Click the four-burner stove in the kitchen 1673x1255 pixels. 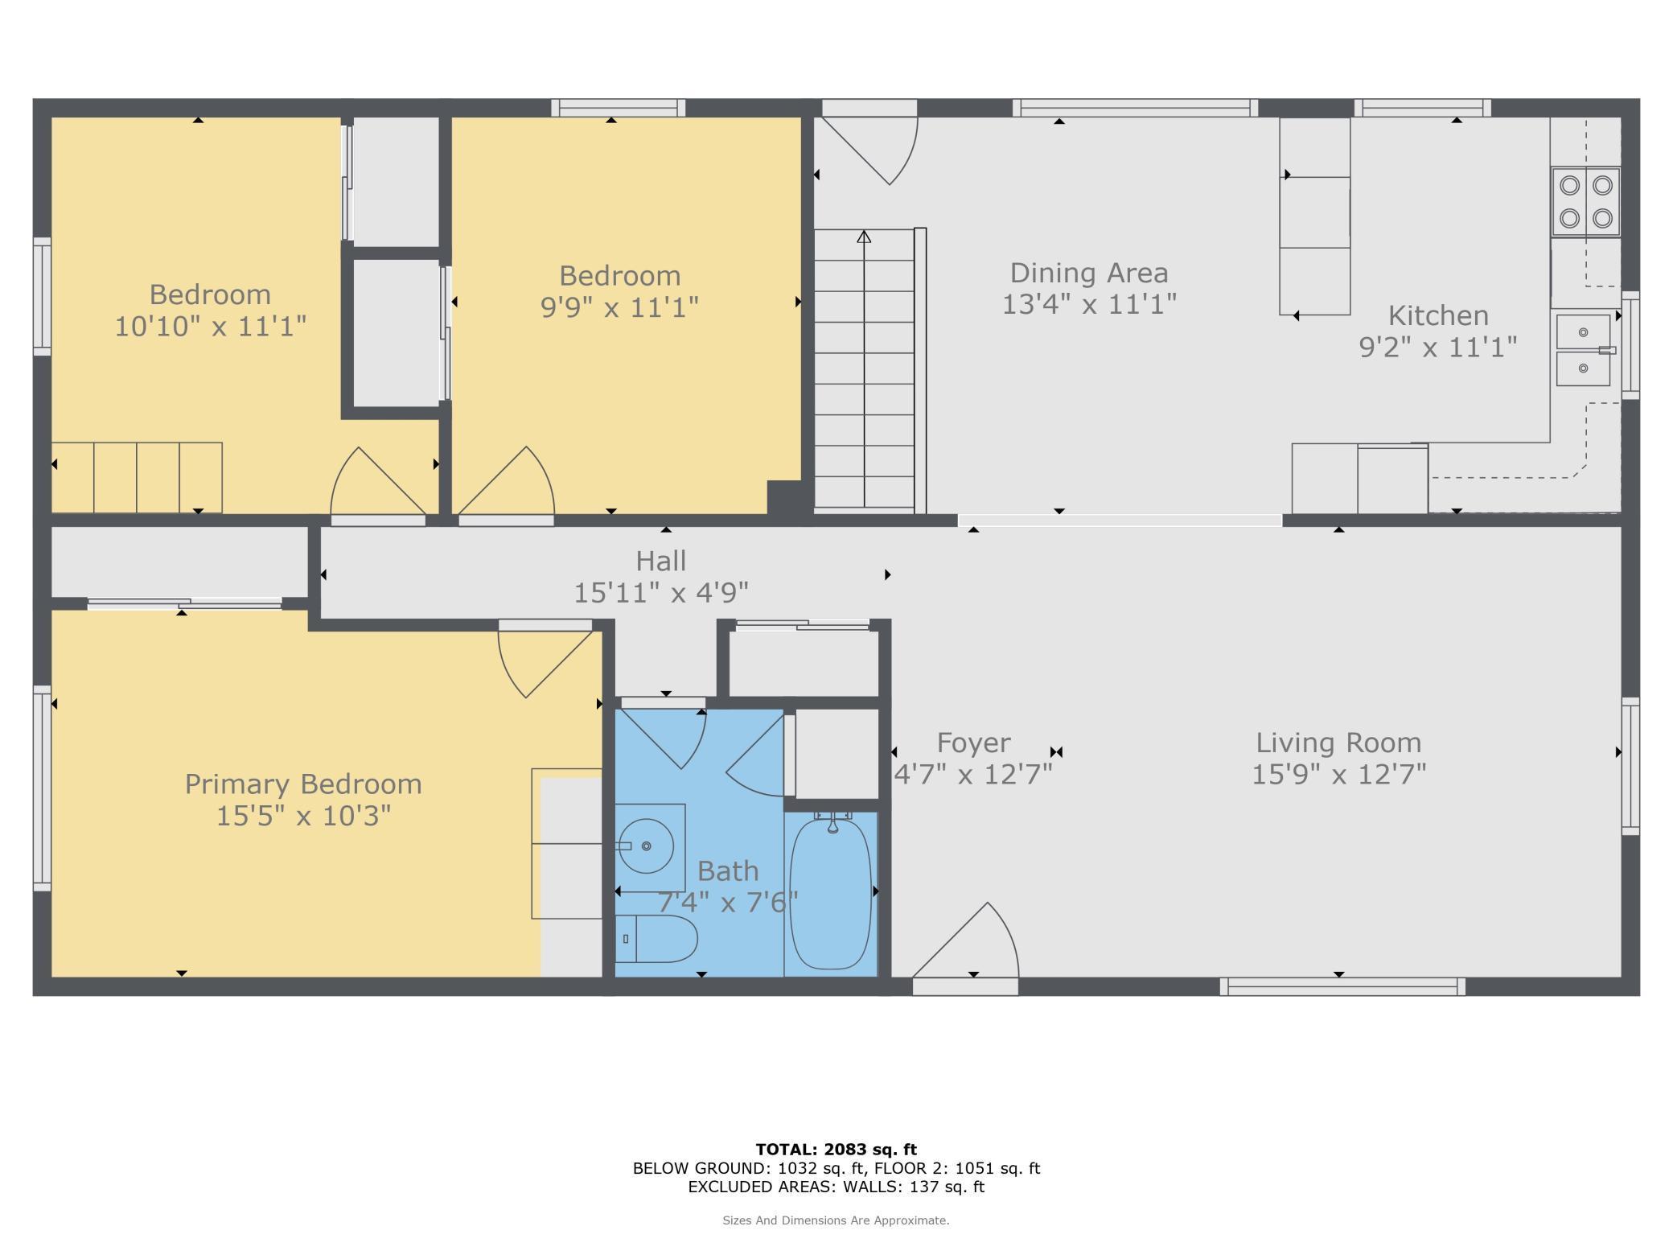1585,202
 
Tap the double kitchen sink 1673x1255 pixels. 1583,350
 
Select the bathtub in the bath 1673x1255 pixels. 830,893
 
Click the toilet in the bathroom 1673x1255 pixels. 656,939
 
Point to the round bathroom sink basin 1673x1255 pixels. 646,846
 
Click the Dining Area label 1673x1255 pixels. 1089,274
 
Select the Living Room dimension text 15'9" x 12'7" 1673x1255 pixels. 1338,775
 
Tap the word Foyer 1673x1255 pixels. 973,743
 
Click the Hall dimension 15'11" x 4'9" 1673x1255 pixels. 660,593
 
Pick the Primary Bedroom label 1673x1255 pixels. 303,784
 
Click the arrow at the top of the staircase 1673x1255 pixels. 864,237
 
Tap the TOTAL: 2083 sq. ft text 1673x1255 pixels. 836,1150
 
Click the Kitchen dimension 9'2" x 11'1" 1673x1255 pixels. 1437,348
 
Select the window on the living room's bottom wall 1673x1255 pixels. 1342,986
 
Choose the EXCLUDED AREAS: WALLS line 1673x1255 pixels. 836,1187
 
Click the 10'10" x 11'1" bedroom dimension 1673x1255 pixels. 210,327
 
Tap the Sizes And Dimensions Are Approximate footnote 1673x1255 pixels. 836,1220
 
